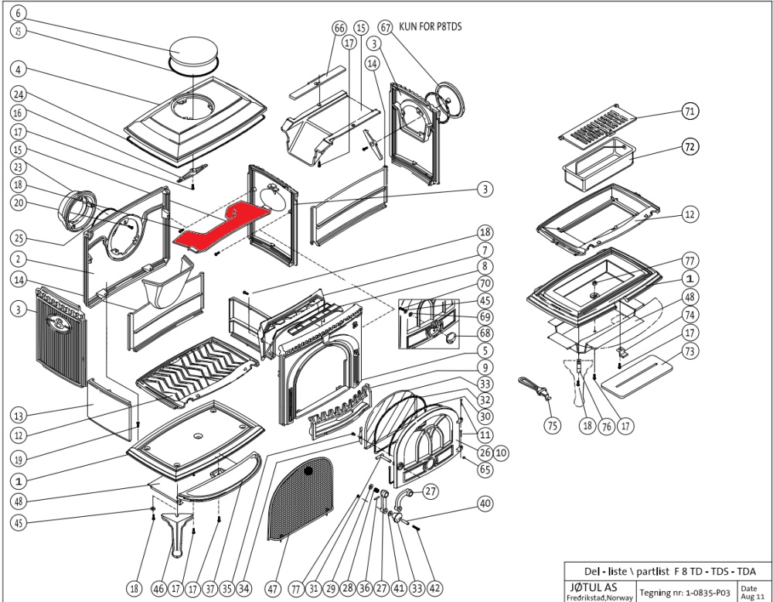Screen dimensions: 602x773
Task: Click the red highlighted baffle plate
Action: [224, 224]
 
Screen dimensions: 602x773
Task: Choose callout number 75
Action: [551, 425]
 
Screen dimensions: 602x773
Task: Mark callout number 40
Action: [485, 504]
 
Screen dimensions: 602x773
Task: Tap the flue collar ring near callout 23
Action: [78, 208]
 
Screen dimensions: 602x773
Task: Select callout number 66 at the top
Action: [339, 28]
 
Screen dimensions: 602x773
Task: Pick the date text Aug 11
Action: [749, 596]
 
